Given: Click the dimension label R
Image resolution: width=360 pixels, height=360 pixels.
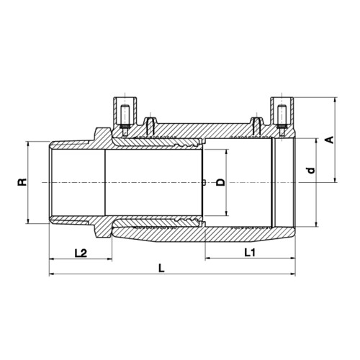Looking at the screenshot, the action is pos(22,182).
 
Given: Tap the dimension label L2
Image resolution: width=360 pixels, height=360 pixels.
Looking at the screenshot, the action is pos(81,253).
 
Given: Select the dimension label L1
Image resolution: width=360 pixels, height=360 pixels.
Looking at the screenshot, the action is pos(250,252).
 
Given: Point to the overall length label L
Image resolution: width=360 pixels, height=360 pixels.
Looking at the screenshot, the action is pos(162,268).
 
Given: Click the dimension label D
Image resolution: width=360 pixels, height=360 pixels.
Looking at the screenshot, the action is pos(221,182).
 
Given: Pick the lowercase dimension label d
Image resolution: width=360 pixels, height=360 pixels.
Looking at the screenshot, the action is pos(311,171).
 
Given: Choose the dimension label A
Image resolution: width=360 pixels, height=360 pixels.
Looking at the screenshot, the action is pos(330,140).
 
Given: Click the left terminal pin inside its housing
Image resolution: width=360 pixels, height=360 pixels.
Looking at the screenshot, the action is pos(125,120).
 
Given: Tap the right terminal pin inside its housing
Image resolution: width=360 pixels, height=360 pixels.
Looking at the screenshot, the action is pos(282,120).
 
